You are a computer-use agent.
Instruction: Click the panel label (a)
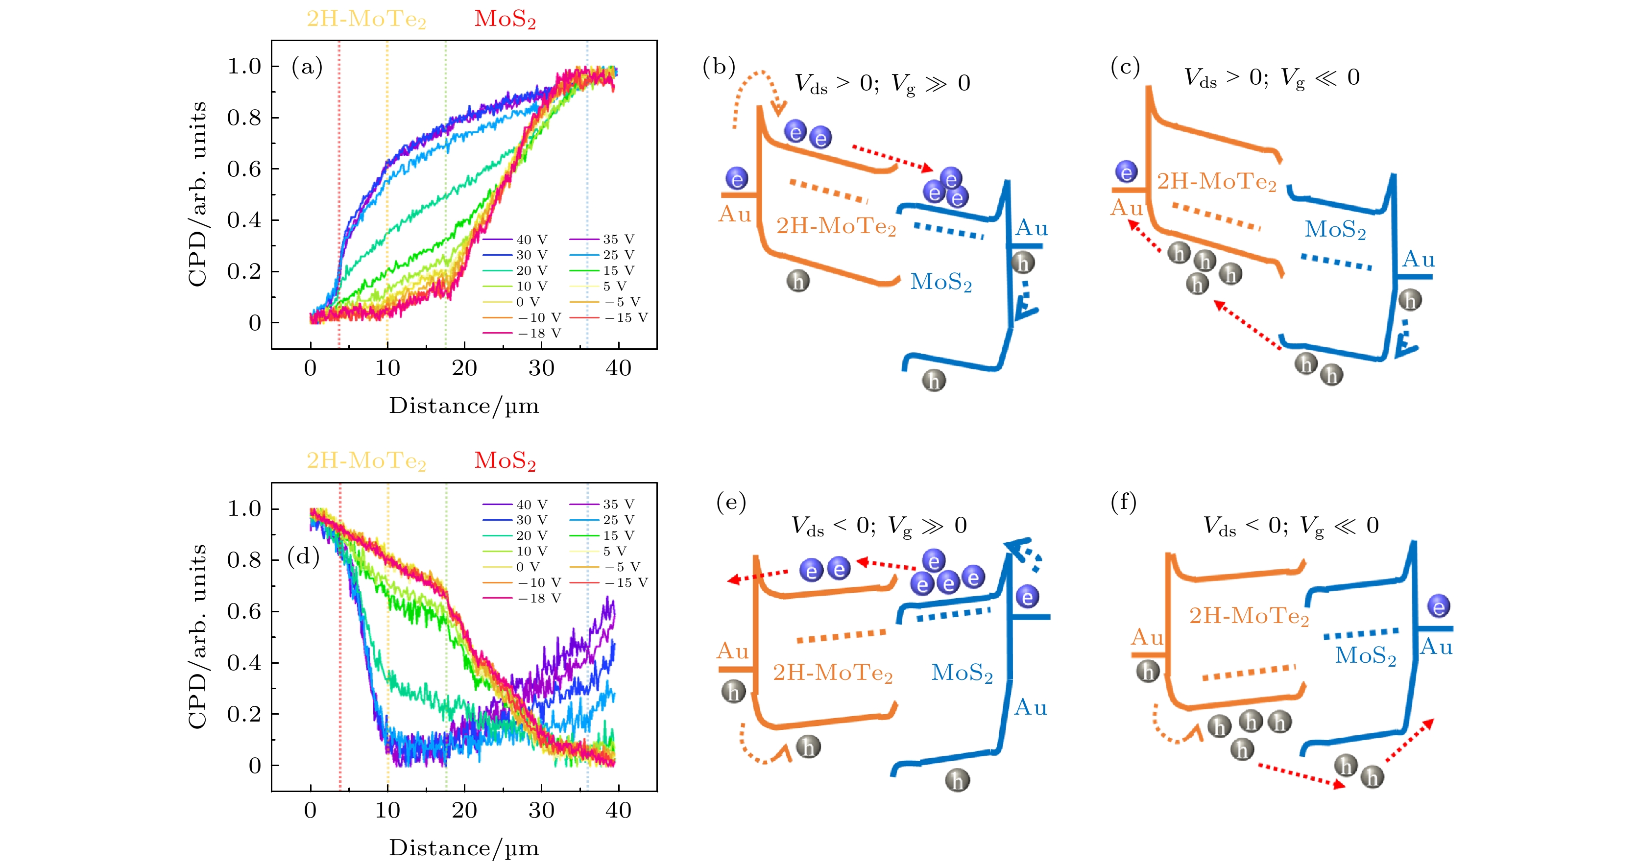pos(307,66)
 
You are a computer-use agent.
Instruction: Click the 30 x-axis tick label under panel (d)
pos(541,811)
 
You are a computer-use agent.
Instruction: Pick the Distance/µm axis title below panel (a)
pos(464,406)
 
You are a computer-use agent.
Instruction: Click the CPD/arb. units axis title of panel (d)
pos(198,636)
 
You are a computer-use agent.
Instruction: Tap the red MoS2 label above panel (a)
pos(505,19)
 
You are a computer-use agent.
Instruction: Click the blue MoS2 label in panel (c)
pos(1335,229)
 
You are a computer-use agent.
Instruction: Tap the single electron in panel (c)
pos(1126,172)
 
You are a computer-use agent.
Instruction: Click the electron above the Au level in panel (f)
pos(1439,606)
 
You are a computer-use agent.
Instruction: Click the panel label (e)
pos(731,502)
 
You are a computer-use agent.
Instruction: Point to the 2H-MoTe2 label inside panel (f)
pos(1249,616)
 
